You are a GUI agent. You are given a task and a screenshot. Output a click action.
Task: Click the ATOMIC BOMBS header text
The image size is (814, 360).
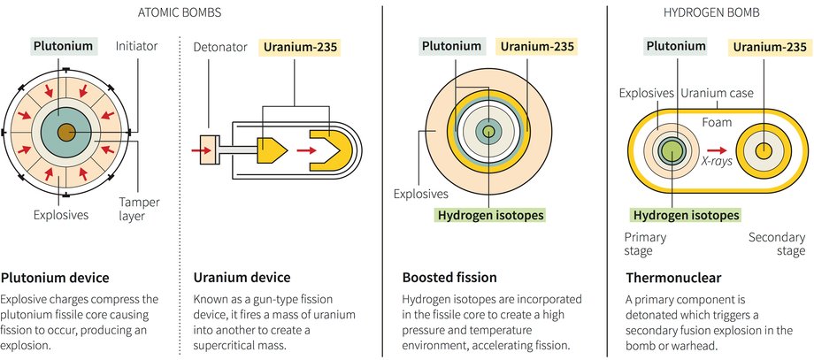point(180,13)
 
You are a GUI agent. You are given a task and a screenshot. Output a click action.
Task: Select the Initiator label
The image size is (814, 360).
point(136,46)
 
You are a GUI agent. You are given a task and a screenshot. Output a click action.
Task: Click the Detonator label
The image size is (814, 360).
point(220,47)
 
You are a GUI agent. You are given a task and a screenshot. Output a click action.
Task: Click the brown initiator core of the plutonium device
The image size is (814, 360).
point(66,133)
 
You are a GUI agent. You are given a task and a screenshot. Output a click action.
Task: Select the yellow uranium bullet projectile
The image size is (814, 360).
point(272,150)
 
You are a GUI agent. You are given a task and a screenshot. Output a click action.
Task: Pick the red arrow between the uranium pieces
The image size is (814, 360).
point(306,150)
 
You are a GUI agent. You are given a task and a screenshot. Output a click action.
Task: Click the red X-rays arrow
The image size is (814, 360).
point(717,150)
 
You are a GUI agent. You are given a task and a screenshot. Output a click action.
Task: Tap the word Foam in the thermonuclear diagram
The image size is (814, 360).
point(717,122)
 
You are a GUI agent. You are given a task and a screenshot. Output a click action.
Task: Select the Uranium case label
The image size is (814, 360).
point(717,94)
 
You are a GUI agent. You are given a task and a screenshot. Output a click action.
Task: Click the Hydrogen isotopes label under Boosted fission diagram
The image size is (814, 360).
point(490,214)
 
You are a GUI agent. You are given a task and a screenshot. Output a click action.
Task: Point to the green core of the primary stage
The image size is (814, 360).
point(672,150)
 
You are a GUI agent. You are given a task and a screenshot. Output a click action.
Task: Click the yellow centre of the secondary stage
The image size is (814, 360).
point(763,150)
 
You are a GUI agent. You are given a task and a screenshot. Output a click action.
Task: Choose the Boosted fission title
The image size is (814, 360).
point(449,278)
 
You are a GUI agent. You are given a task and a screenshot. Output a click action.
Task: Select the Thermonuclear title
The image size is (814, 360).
point(673,278)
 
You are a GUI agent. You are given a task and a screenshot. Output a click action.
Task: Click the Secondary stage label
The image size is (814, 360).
point(777,244)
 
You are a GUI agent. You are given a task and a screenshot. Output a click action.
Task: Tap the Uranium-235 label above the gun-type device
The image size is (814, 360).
point(301,47)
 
